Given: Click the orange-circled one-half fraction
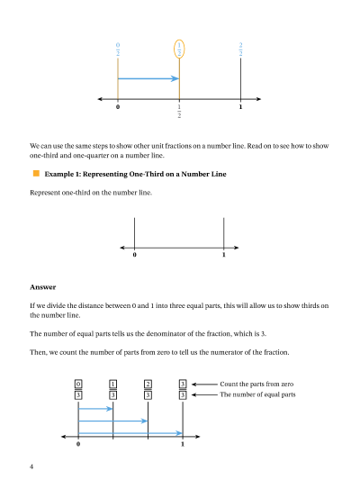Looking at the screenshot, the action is pyautogui.click(x=179, y=49).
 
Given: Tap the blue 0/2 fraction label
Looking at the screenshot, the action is pyautogui.click(x=118, y=49).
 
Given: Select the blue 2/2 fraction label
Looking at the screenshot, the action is pyautogui.click(x=240, y=49).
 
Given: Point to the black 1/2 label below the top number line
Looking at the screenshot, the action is pyautogui.click(x=179, y=111).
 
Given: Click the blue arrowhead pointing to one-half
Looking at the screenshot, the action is pyautogui.click(x=175, y=78).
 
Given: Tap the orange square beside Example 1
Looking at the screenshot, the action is pyautogui.click(x=36, y=174).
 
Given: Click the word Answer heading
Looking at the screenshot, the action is pyautogui.click(x=43, y=287).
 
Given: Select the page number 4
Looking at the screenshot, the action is pyautogui.click(x=31, y=466).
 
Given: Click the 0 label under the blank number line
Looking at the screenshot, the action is pyautogui.click(x=135, y=255).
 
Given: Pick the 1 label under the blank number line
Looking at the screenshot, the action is pyautogui.click(x=224, y=255).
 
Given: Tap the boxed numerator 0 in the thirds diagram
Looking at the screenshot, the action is pyautogui.click(x=78, y=384).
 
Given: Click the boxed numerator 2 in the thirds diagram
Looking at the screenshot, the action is pyautogui.click(x=148, y=384).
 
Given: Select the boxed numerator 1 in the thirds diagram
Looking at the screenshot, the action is pyautogui.click(x=112, y=384).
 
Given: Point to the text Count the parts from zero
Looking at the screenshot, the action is pyautogui.click(x=256, y=384).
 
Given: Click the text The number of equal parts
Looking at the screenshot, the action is pyautogui.click(x=257, y=394).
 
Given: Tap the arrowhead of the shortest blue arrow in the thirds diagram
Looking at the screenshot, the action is pyautogui.click(x=110, y=409).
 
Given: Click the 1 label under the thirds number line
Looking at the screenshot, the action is pyautogui.click(x=183, y=444).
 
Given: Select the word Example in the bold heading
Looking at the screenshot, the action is pyautogui.click(x=55, y=174).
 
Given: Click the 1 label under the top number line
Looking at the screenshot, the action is pyautogui.click(x=240, y=107).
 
